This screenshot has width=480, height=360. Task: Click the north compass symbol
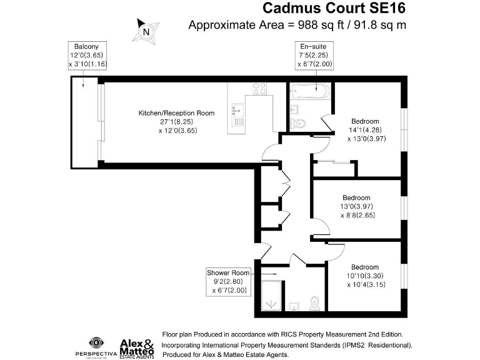coord(146,31)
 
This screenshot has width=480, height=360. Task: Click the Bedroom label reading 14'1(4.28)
coord(365,130)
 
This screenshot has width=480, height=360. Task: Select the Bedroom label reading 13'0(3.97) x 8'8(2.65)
coord(356,206)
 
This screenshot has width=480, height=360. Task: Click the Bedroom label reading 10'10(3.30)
coord(364,276)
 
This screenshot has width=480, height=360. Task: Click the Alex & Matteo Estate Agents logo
coord(136,346)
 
